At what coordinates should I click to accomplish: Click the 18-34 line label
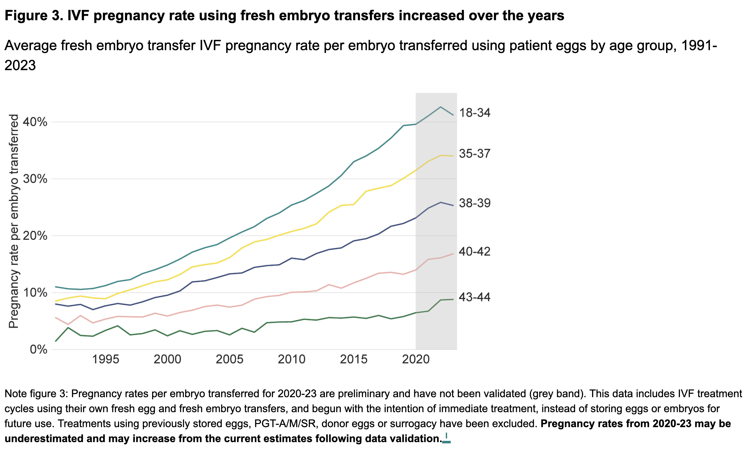[x=474, y=113]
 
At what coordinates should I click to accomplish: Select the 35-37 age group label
[x=474, y=154]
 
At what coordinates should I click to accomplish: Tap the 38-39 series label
[x=474, y=203]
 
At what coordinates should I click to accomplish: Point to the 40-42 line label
[x=474, y=252]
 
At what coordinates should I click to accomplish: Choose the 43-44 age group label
[x=474, y=297]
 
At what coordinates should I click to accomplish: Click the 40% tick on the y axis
[x=35, y=122]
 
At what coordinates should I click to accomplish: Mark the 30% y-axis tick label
[x=35, y=179]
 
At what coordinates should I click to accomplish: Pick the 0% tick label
[x=38, y=349]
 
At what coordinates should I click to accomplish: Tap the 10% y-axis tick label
[x=35, y=293]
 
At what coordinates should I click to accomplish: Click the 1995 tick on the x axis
[x=106, y=360]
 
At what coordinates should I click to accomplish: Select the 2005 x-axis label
[x=230, y=360]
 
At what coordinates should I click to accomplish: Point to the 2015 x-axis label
[x=354, y=360]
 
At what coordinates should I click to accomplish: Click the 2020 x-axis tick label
[x=416, y=360]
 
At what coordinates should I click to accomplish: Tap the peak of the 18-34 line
[x=441, y=107]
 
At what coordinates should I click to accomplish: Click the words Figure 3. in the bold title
[x=34, y=16]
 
